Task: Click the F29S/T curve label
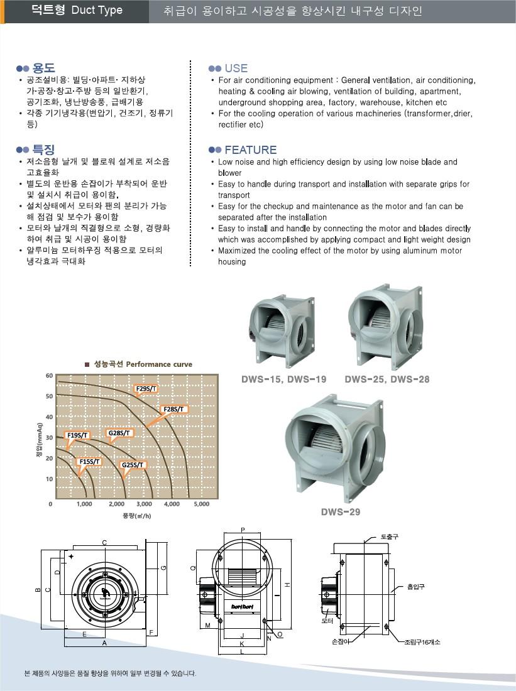(x=146, y=389)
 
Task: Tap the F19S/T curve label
(x=78, y=435)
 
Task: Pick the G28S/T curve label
(x=119, y=433)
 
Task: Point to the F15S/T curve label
(x=89, y=462)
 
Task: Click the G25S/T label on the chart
(x=133, y=465)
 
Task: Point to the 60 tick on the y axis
(x=49, y=376)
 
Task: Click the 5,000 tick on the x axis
(x=201, y=504)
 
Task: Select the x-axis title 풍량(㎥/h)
(x=136, y=516)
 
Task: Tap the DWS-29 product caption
(x=341, y=512)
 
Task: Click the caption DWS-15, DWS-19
(x=284, y=379)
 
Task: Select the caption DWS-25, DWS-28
(x=387, y=379)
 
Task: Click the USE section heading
(x=236, y=68)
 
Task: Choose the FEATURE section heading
(x=250, y=150)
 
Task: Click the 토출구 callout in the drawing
(x=390, y=537)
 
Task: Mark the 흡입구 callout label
(x=416, y=587)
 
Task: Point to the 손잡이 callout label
(x=340, y=641)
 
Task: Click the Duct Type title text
(x=97, y=10)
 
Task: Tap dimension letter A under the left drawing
(x=104, y=644)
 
